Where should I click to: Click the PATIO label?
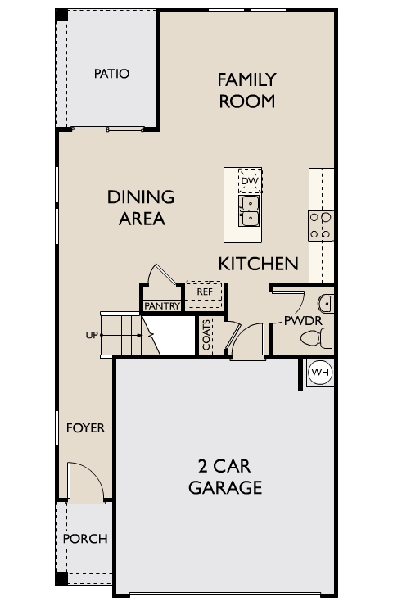pos(111,74)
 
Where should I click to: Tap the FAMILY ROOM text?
pos(247,90)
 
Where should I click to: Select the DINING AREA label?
pos(141,207)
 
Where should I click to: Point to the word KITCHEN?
pos(259,264)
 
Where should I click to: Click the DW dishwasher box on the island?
pos(250,180)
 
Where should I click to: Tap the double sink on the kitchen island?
pos(249,210)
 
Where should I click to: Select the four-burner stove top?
pos(320,226)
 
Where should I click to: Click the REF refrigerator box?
pos(205,295)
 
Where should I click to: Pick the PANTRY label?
pos(162,306)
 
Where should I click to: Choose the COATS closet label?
pos(206,335)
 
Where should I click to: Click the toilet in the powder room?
pos(317,338)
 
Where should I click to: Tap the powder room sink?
pos(325,304)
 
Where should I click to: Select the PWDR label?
pos(303,321)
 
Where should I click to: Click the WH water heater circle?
pos(321,373)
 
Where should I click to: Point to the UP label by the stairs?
pos(92,335)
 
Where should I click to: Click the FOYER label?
pos(85,428)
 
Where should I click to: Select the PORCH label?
pos(85,539)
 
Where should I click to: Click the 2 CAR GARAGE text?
pos(225,477)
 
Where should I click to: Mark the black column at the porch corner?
pos(61,578)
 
